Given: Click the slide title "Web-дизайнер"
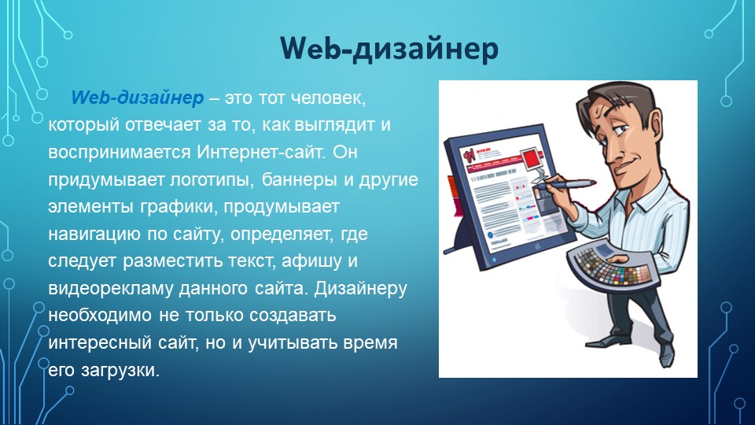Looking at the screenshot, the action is pos(389,49).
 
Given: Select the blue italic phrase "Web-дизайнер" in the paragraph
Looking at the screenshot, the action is pos(137,98).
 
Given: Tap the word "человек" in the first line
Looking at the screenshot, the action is pos(329,98).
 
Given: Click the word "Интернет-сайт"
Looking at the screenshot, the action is pos(261,152).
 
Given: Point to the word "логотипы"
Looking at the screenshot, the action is pos(212,179).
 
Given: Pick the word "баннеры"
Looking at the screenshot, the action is pos(299,179).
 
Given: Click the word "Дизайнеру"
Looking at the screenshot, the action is pos(360,288).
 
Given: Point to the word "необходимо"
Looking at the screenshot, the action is pos(100,316).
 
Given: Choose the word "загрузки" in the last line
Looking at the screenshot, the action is pos(120,371).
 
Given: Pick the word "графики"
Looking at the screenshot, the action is pos(175,207).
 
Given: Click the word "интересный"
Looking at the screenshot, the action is pos(100,343).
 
